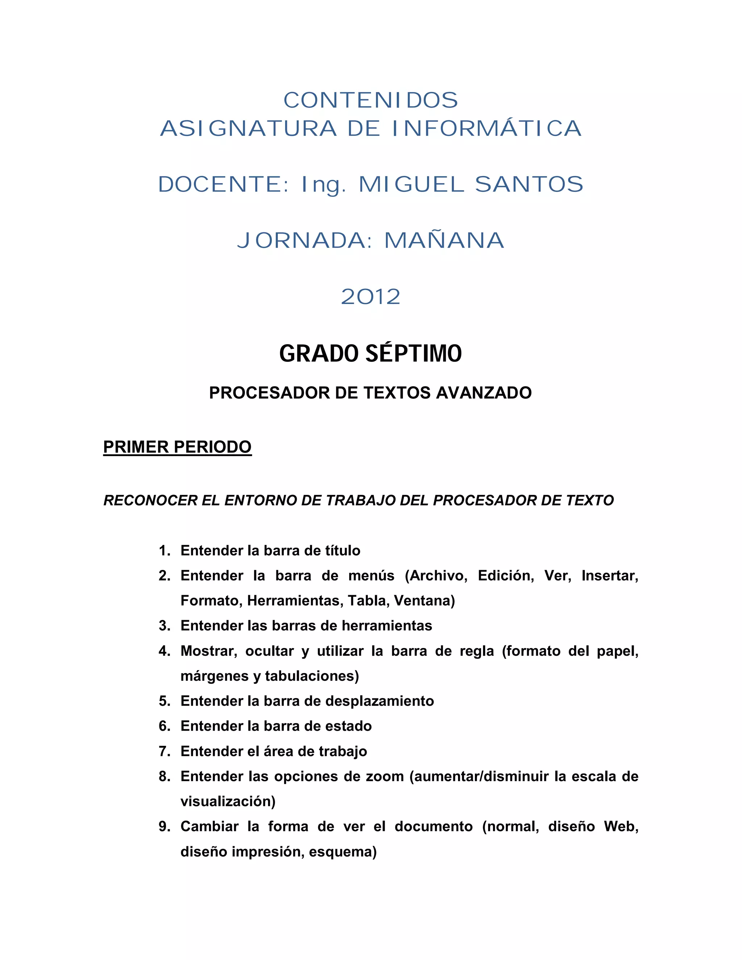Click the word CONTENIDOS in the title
click(x=371, y=101)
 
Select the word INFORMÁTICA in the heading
click(x=487, y=129)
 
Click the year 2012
click(x=371, y=297)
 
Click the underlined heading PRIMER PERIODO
click(x=177, y=447)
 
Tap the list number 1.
click(x=164, y=551)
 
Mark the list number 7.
click(x=164, y=752)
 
